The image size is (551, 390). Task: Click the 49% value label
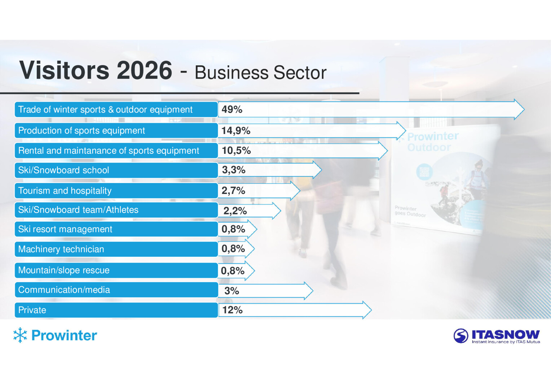[x=232, y=109]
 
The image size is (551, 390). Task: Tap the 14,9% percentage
[x=236, y=131]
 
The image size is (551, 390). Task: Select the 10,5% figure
[x=236, y=151]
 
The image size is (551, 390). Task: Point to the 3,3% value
[x=234, y=170]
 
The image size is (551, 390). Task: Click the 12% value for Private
[x=232, y=310]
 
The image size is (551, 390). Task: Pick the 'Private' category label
[x=32, y=310]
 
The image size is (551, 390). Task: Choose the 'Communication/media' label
[x=64, y=290]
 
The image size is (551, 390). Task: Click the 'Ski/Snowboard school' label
[x=63, y=170]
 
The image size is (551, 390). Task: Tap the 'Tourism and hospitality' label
[x=65, y=191]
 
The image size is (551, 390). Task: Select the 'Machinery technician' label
[x=61, y=249]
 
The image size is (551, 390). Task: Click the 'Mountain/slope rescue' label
[x=64, y=270]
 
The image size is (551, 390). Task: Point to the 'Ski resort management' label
[x=65, y=229]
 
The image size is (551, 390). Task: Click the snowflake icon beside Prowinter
[x=20, y=335]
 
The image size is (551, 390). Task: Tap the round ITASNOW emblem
[x=461, y=336]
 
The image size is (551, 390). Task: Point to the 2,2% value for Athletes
[x=235, y=211]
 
